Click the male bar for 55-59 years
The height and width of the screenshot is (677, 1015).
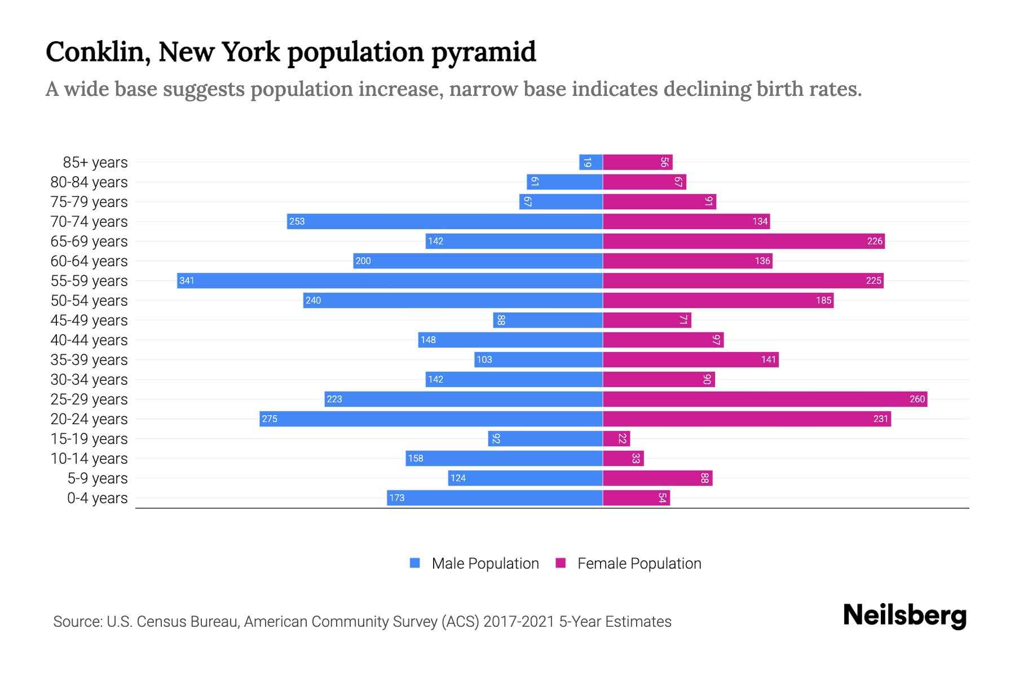[389, 280]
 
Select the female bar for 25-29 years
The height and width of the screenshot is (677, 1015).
[765, 399]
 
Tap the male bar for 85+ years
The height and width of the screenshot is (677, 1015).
[590, 162]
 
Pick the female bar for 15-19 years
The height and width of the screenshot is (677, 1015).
[616, 438]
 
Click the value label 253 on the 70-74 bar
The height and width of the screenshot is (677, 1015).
[297, 221]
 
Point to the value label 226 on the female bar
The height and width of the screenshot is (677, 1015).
[875, 241]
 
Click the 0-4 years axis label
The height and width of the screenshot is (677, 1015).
[97, 498]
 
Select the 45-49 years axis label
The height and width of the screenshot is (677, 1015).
[89, 320]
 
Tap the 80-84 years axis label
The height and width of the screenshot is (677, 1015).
[89, 182]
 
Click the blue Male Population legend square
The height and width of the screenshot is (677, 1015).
[415, 563]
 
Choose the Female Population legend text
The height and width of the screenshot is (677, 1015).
[639, 564]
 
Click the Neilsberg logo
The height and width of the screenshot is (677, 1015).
[904, 616]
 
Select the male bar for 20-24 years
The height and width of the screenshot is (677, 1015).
[431, 419]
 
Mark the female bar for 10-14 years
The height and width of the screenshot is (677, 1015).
[623, 458]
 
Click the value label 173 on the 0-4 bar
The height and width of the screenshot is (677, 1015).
[396, 498]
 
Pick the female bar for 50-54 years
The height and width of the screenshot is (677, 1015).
[718, 300]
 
